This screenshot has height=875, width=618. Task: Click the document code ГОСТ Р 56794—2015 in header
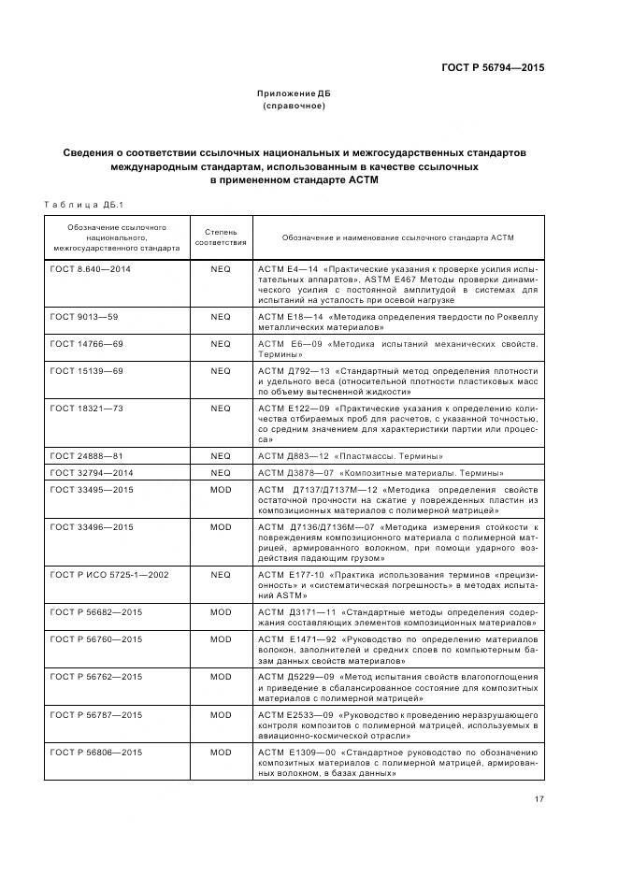pos(492,67)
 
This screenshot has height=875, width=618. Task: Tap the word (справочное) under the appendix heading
pos(294,106)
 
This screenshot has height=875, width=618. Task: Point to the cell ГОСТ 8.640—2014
pos(91,268)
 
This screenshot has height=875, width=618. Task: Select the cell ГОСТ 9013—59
pos(84,317)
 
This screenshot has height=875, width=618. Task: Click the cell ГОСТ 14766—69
pos(87,344)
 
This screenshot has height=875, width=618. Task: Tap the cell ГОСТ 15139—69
pos(87,371)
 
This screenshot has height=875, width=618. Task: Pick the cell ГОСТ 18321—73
pos(87,409)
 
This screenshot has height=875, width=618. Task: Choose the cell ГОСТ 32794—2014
pos(91,473)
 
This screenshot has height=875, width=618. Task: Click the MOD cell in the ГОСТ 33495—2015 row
pos(221,489)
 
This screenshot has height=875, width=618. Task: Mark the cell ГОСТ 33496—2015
pos(91,527)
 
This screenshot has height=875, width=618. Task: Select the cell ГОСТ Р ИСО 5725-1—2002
pos(109,574)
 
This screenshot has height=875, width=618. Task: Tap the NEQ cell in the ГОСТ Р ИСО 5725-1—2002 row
pos(221,574)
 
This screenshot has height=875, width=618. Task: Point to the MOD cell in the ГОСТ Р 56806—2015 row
pos(221,752)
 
